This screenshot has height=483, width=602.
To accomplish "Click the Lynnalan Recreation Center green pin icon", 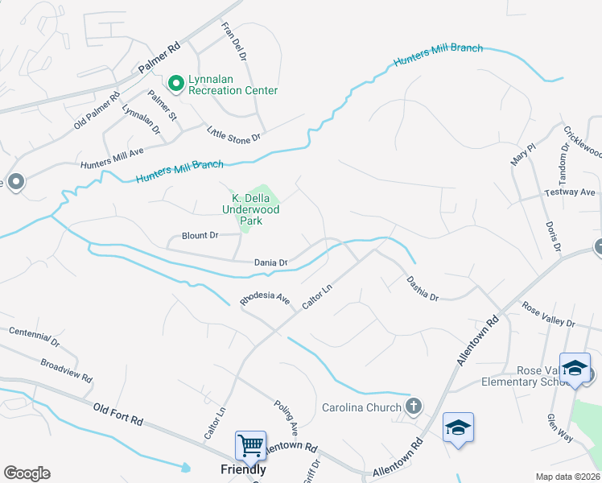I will [x=175, y=83].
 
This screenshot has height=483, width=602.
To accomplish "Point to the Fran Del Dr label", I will [x=233, y=36].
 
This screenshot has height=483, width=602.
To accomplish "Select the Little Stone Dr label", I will [x=234, y=133].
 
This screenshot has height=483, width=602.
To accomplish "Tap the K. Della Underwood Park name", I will [x=255, y=208].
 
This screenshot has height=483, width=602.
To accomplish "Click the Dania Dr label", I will [x=271, y=262].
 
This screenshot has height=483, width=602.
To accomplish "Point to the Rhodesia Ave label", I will [x=265, y=299].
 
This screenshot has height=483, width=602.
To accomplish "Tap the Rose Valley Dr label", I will [x=549, y=315].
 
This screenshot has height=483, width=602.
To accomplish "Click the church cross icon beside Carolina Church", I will [x=414, y=406].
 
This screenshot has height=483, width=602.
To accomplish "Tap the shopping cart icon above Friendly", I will [x=250, y=445].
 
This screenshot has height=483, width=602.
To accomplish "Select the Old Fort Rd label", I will [x=118, y=415].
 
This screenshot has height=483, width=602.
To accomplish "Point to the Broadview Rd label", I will [x=66, y=371].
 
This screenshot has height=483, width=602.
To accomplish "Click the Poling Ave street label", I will [x=287, y=417].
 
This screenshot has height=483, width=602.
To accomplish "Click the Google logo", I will [x=27, y=473].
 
